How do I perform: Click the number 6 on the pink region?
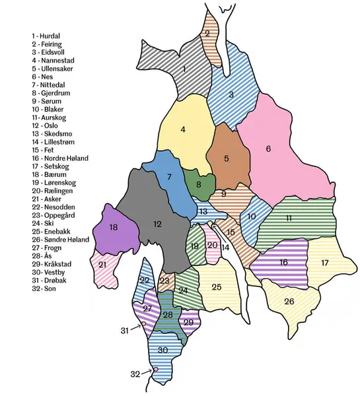click(x=268, y=148)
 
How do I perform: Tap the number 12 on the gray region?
click(x=157, y=224)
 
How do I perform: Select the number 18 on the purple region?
click(x=114, y=227)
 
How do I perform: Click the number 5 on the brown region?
click(x=227, y=158)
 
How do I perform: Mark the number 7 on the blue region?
click(x=169, y=176)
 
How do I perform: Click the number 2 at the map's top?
click(x=207, y=33)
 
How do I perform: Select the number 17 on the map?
click(x=324, y=263)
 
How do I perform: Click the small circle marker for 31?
click(x=143, y=324)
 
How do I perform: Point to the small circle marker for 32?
click(x=156, y=369)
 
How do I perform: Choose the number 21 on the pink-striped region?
click(x=102, y=265)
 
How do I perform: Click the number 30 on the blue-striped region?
click(x=162, y=350)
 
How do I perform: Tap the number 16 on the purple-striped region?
click(x=283, y=262)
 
